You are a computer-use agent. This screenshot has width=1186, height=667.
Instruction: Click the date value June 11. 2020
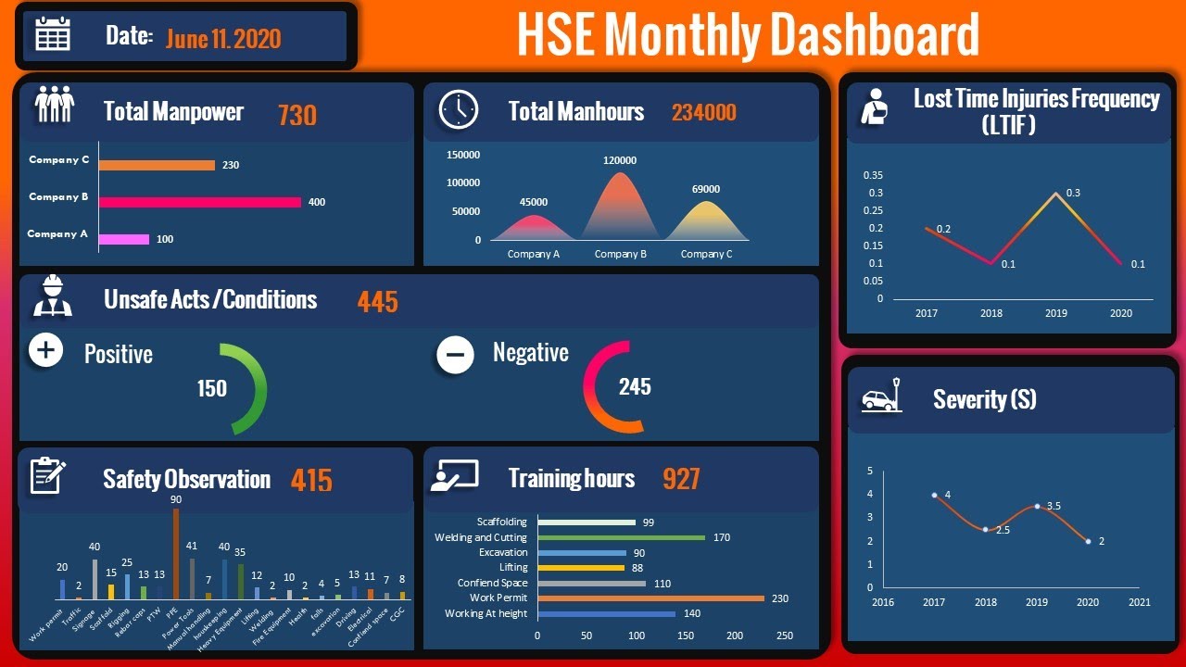coord(223,38)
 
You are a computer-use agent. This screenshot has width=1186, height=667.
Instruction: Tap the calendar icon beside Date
coord(53,34)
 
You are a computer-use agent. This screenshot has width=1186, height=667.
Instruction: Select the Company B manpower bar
coord(199,202)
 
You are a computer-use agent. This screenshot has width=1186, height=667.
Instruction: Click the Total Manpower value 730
coord(297,115)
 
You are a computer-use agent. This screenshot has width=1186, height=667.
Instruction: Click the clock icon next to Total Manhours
coord(458,109)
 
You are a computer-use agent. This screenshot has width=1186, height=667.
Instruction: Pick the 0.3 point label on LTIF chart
coord(1073,193)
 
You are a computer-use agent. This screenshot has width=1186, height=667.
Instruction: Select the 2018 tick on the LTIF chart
coord(991,313)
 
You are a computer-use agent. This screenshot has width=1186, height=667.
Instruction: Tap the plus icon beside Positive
coord(46,350)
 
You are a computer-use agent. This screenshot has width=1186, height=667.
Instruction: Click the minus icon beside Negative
coord(455,355)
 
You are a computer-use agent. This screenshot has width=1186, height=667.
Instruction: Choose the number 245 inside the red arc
coord(635,386)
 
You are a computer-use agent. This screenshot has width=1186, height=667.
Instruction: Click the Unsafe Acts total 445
coord(377,302)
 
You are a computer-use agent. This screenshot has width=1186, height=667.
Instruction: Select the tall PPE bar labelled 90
coord(176,553)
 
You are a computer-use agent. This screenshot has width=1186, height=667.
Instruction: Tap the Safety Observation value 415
coord(311,480)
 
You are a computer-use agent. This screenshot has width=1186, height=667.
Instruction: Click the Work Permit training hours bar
coord(650,598)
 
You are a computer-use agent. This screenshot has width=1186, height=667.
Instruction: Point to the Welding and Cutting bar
coord(621,537)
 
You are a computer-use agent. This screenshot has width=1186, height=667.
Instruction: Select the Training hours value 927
coord(681,479)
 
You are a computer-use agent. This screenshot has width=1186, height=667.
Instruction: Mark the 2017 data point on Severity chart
coord(934,495)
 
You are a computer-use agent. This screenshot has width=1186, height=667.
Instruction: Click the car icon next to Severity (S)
coord(879,396)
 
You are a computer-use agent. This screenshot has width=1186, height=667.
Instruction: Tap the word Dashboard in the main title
coord(874,35)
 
